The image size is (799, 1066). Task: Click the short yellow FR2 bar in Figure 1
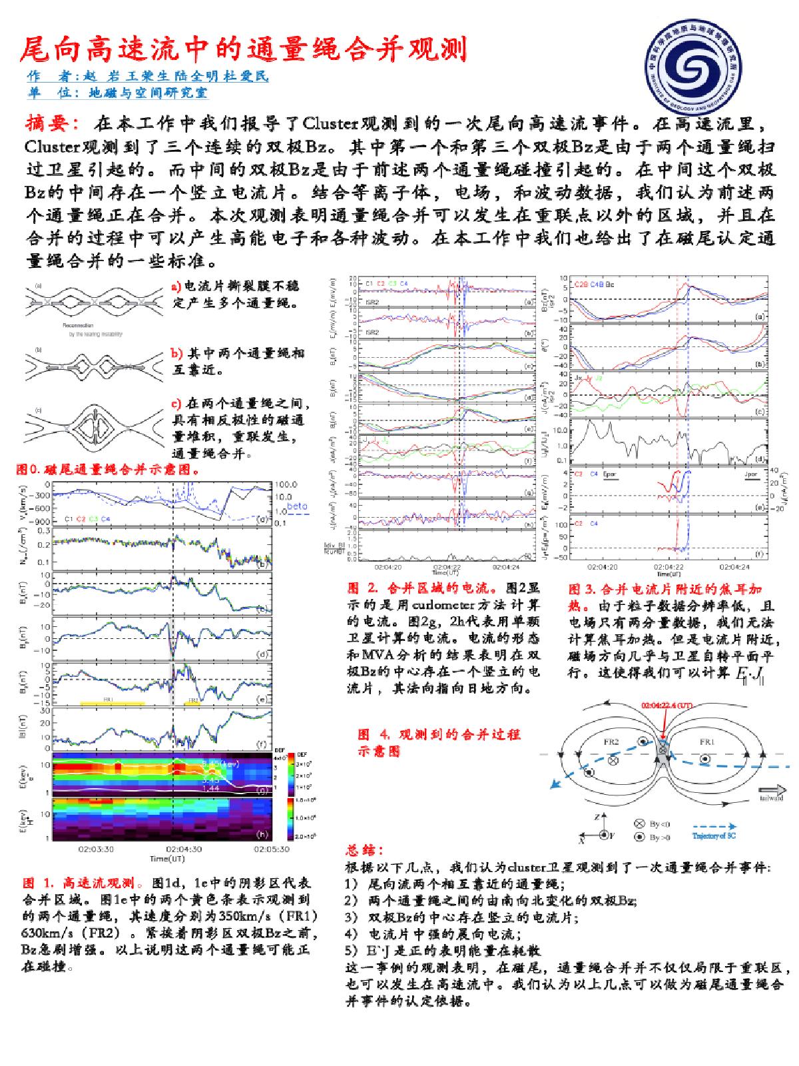[192, 702]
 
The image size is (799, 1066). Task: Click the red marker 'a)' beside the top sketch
[176, 286]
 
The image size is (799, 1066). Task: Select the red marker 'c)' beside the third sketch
[176, 403]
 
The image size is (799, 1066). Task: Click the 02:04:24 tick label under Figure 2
[505, 567]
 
